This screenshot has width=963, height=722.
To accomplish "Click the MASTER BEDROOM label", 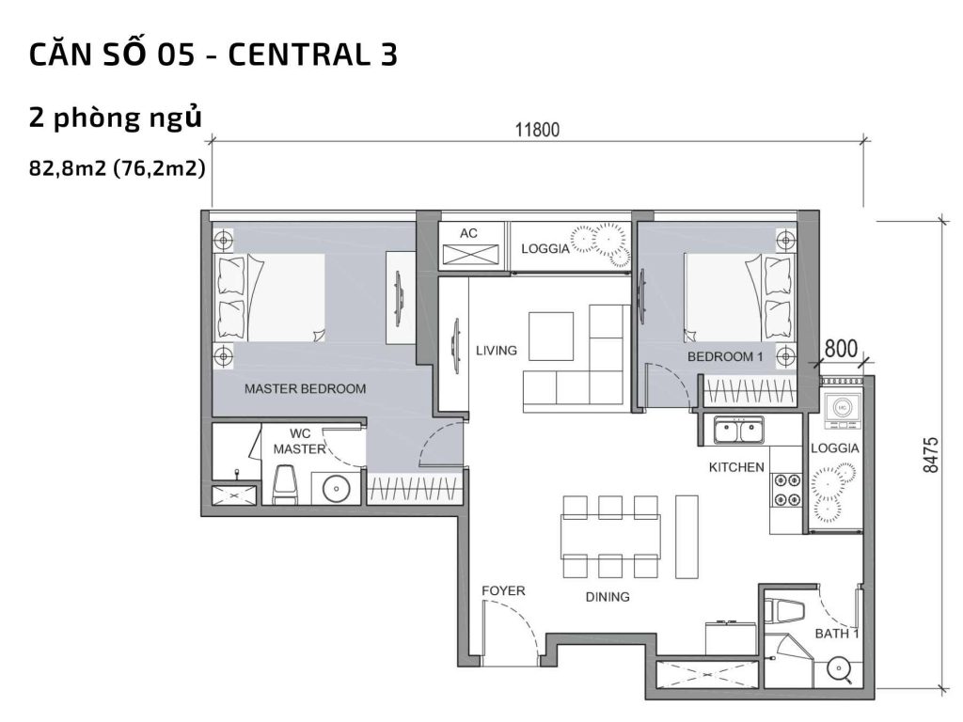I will (x=305, y=388).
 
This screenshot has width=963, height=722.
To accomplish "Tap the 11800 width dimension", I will (x=537, y=130).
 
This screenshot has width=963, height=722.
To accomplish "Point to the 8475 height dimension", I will (x=931, y=454).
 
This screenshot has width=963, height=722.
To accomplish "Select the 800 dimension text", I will (x=841, y=347).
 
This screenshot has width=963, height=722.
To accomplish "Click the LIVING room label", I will (x=496, y=351).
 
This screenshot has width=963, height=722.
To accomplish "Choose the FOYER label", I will (x=503, y=590).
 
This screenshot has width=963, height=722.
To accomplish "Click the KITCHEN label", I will (x=736, y=466).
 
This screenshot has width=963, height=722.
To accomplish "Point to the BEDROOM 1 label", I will (x=725, y=356).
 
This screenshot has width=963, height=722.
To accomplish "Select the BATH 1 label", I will (x=837, y=634).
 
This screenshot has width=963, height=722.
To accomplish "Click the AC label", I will (x=469, y=232).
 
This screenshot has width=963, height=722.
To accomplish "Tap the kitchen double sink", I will (x=738, y=432).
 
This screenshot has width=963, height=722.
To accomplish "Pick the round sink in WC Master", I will (x=336, y=488).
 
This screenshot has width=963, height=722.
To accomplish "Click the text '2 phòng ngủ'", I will (x=117, y=118).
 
